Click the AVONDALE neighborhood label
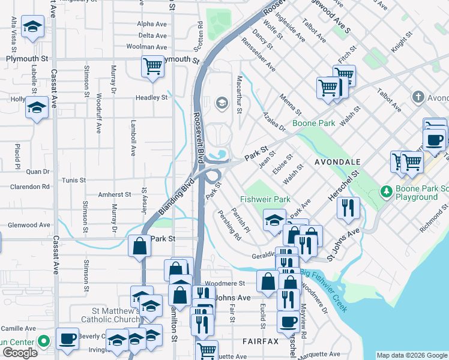pyautogui.click(x=337, y=162)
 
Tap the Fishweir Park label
pyautogui.click(x=265, y=199)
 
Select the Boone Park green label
pyautogui.click(x=313, y=124)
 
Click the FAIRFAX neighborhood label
pyautogui.click(x=261, y=341)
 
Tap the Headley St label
pyautogui.click(x=151, y=97)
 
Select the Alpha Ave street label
pyautogui.click(x=151, y=24)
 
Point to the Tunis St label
pyautogui.click(x=74, y=180)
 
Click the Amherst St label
pyautogui.click(x=115, y=194)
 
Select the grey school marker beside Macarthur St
pyautogui.click(x=221, y=103)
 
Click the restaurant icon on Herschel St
pyautogui.click(x=348, y=208)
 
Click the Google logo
pyautogui.click(x=20, y=353)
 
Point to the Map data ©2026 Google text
pyautogui.click(x=412, y=355)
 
